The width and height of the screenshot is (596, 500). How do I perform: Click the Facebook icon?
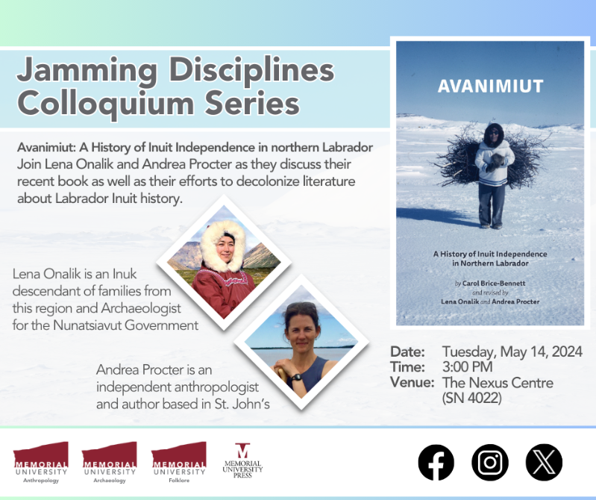click(436, 462)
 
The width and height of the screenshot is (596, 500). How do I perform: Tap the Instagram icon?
click(489, 462)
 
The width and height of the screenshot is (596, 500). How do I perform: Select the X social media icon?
click(544, 462)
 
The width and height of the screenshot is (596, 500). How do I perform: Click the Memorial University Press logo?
click(243, 461)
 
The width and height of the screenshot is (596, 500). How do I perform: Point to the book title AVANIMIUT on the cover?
click(490, 87)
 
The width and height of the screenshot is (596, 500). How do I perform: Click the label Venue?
click(411, 383)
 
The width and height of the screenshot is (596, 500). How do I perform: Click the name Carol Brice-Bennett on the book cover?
click(496, 284)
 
